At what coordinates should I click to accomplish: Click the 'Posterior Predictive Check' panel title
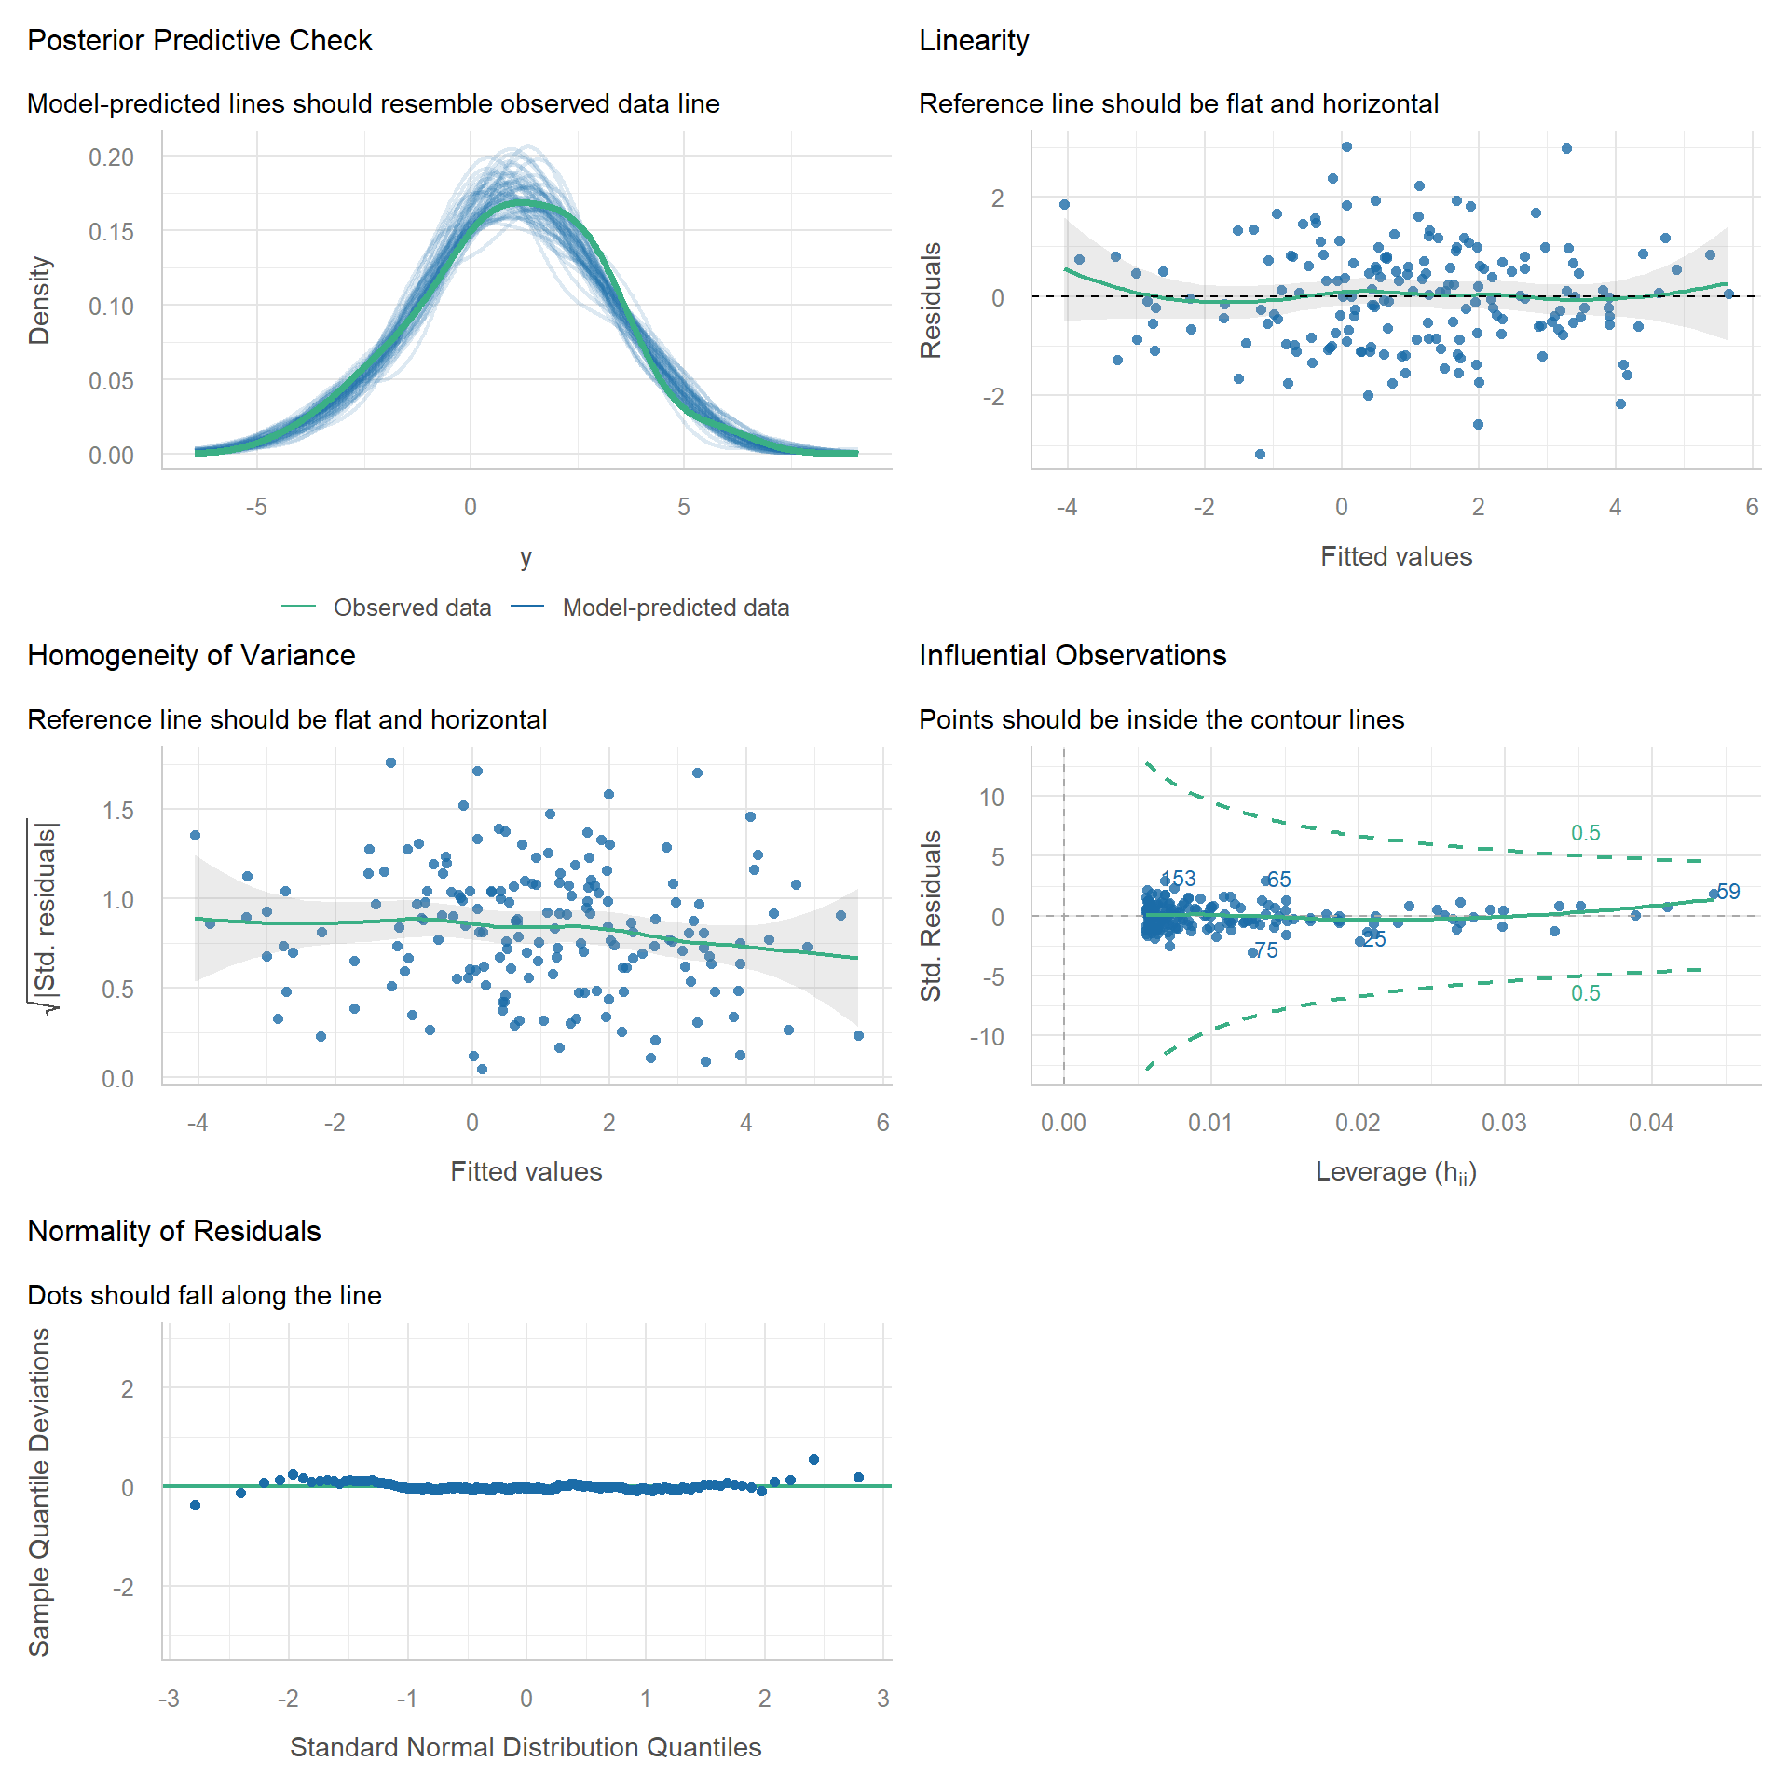click(199, 41)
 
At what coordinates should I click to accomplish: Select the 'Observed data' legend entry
click(412, 608)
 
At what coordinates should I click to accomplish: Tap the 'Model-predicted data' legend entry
click(676, 608)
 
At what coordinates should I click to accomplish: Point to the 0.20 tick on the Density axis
click(111, 157)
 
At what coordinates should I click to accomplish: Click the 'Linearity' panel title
click(974, 41)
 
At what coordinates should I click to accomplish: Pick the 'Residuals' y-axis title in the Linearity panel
click(931, 300)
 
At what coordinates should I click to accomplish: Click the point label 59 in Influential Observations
click(1728, 892)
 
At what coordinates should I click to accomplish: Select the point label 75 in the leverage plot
click(1266, 950)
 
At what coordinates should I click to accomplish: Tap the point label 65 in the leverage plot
click(1279, 880)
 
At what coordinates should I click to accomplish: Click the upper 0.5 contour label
click(1585, 833)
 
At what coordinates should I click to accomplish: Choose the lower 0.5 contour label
click(1585, 993)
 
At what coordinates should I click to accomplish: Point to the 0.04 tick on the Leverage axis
click(1650, 1123)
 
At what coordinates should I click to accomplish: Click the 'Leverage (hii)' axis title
click(1396, 1172)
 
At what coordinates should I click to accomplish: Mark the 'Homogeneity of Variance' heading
click(191, 656)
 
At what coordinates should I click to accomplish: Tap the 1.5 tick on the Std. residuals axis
click(118, 811)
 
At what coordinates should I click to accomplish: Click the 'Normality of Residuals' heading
click(174, 1232)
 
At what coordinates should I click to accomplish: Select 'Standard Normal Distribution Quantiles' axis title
click(526, 1747)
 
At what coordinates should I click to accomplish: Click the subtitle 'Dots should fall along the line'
click(204, 1295)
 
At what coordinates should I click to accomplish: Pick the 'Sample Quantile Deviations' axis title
click(39, 1492)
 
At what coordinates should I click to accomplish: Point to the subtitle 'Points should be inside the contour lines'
click(1161, 719)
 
